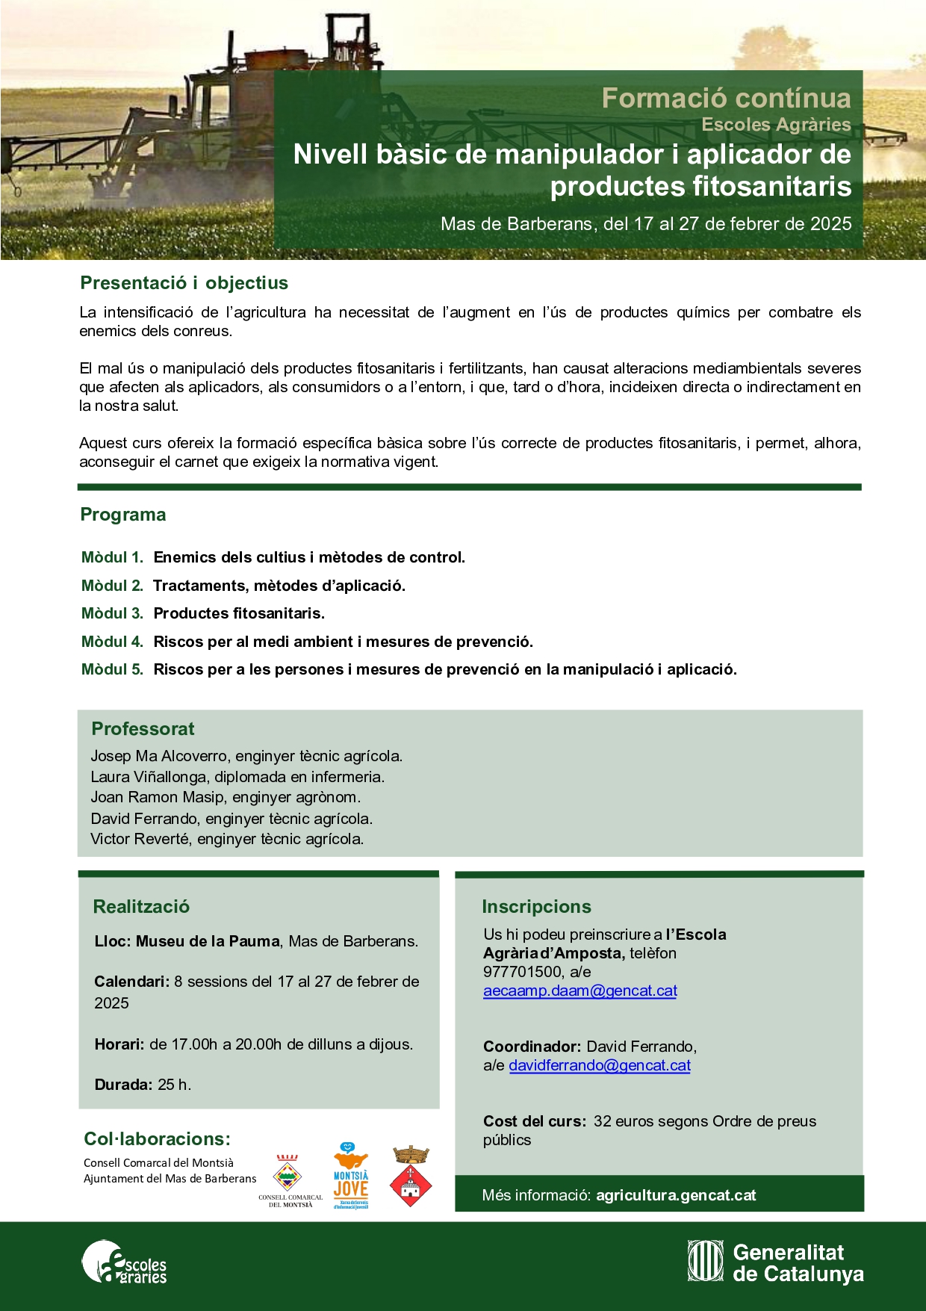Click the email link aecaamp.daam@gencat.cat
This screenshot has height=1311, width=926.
coord(579,991)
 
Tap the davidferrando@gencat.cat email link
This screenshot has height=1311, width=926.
coord(599,1065)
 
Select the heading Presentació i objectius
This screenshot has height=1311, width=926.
coord(184,283)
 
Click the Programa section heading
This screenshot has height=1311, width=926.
coord(123,515)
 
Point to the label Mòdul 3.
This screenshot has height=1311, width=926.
coord(112,613)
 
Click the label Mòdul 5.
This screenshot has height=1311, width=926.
coord(112,669)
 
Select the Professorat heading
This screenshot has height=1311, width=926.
coord(143,729)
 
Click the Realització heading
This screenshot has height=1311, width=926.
coord(141,907)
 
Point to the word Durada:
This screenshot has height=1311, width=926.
coord(123,1085)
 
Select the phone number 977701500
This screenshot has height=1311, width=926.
coord(523,972)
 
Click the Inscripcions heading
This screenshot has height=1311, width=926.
coord(536,907)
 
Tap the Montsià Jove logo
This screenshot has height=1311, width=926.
coord(351,1175)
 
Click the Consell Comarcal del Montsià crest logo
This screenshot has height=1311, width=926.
coord(289,1178)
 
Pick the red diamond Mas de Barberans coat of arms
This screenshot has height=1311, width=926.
coord(411,1177)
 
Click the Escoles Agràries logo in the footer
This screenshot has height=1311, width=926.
coord(124,1262)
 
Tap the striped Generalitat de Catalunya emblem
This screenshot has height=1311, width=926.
coord(705,1262)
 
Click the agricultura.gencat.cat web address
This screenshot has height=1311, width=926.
coord(676,1195)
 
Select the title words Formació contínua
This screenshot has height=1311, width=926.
coord(726,98)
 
